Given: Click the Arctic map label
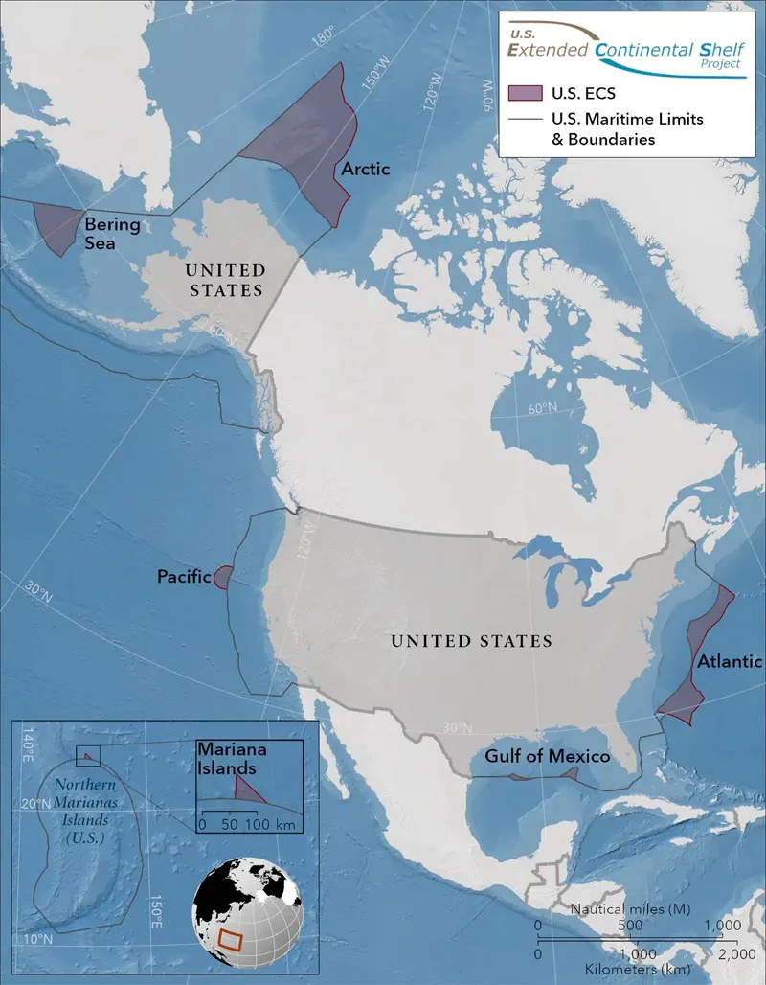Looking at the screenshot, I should click(366, 170).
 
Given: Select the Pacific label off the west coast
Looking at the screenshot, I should click(183, 577).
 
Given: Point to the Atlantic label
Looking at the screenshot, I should click(729, 661).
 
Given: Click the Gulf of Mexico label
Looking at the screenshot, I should click(547, 757).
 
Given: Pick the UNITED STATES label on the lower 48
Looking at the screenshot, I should click(471, 641).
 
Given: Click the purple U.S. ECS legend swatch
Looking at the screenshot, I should click(525, 93).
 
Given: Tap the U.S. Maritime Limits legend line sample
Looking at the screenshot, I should click(525, 119).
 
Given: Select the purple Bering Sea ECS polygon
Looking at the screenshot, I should click(58, 228).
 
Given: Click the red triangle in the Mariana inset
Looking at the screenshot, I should click(249, 790).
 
